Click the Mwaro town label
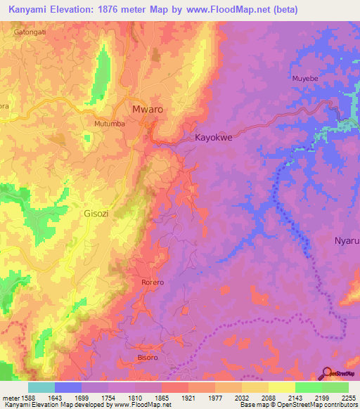tap(148, 110)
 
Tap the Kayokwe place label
tap(213, 138)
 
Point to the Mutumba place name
tap(109, 124)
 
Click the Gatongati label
tap(30, 32)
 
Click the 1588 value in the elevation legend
tap(27, 398)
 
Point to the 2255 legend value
tap(347, 398)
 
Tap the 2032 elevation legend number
tap(240, 398)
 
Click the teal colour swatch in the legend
tap(41, 387)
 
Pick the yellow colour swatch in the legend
tap(281, 387)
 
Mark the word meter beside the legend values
tap(10, 398)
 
